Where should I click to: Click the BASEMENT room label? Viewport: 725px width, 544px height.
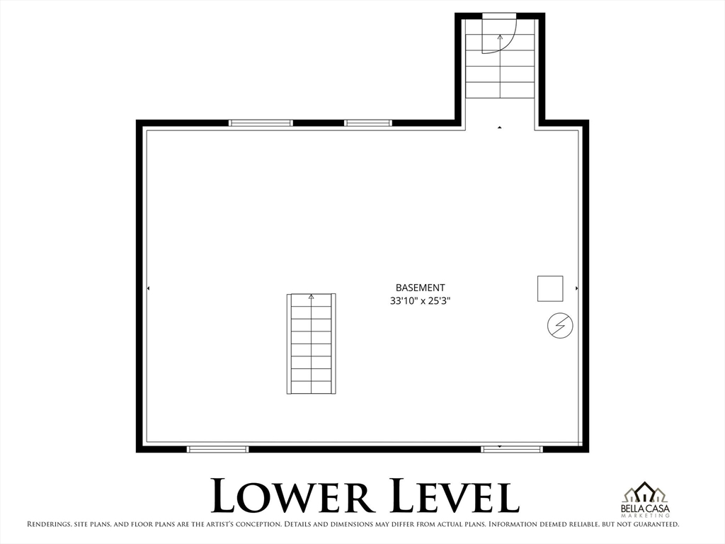pos(420,288)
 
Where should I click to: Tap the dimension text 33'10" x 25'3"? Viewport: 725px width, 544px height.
pos(420,300)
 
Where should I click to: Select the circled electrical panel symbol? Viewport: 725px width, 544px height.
pos(560,326)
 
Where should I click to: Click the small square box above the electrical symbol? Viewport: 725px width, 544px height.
pos(550,288)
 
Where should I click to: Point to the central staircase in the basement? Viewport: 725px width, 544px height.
pos(312,344)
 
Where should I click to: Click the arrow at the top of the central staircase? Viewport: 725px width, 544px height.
pos(311,297)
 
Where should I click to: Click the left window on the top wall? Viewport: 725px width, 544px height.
pos(261,123)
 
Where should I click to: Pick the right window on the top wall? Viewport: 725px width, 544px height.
pos(367,123)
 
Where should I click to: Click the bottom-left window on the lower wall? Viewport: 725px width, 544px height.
pos(217,448)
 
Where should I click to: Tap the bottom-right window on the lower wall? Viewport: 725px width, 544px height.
pos(512,448)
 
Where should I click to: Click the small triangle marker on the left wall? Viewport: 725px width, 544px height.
pos(148,288)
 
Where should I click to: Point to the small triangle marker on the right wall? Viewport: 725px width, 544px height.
pos(577,288)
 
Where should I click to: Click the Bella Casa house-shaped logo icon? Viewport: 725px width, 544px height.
pos(645,492)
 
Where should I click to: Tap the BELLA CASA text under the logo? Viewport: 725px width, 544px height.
pos(645,509)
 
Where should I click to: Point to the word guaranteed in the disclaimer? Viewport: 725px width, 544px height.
pos(656,525)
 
